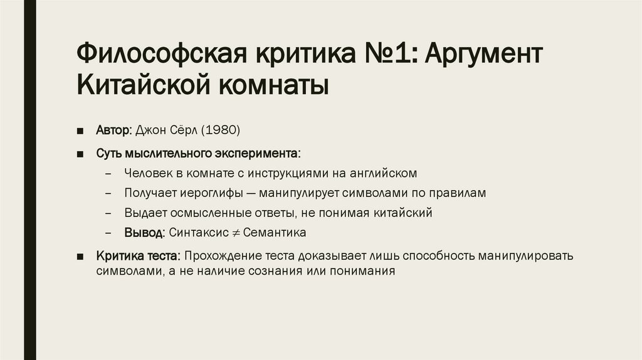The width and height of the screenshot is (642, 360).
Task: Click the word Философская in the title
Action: coord(160,55)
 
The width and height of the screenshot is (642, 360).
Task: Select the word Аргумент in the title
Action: coord(483,55)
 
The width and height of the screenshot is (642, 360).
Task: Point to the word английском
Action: coord(384,173)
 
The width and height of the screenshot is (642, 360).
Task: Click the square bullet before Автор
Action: coord(82,131)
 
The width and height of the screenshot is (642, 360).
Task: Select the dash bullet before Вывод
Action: coord(109,233)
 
